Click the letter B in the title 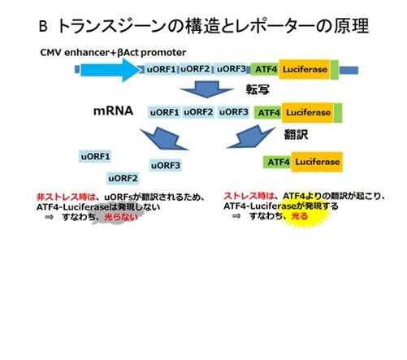[43, 27]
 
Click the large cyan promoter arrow [111, 70]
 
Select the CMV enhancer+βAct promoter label [113, 52]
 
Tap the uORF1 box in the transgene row [161, 69]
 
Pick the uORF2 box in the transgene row [195, 69]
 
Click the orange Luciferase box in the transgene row [305, 69]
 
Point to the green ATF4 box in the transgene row [265, 69]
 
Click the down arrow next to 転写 [207, 89]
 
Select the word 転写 [258, 89]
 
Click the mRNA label [113, 111]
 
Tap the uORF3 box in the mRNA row [233, 112]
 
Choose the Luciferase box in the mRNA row [308, 112]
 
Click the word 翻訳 [296, 134]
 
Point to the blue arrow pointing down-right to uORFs [164, 139]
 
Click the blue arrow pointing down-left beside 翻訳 [251, 137]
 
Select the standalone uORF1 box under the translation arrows [95, 156]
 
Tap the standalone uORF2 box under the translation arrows [123, 178]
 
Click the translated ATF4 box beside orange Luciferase [278, 162]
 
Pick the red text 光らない [121, 217]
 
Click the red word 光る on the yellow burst [300, 216]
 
